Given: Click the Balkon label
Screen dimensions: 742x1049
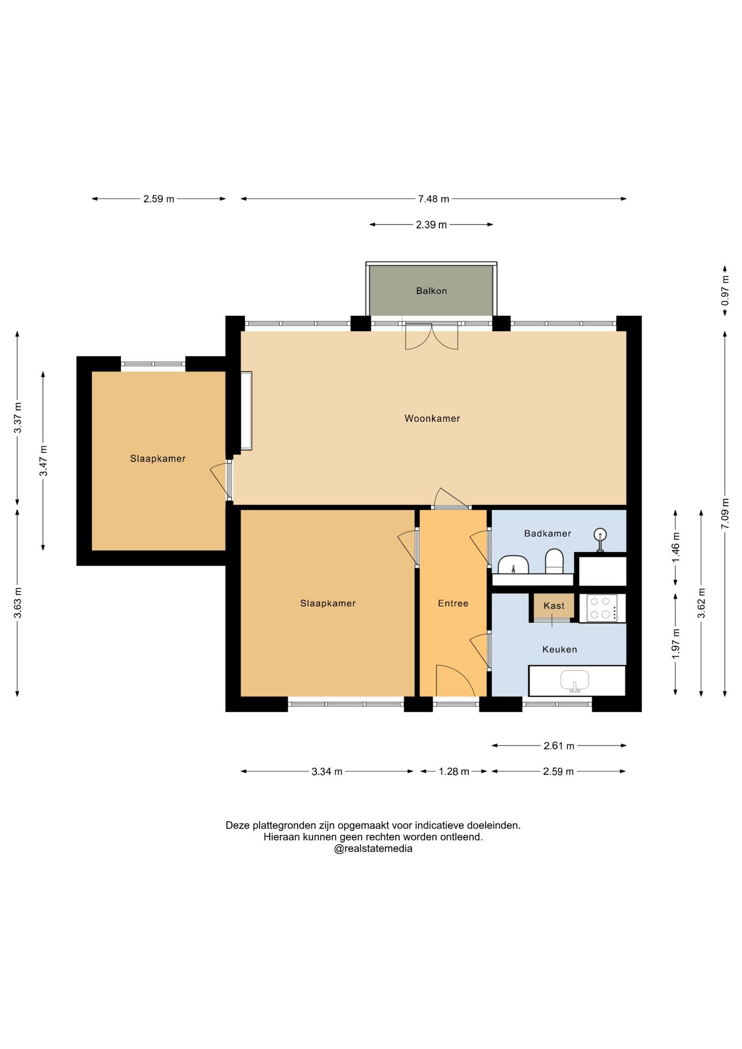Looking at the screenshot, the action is point(431,291).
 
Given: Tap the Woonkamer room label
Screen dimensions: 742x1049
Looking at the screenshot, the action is point(432,419).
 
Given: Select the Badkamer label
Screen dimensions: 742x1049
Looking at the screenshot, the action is point(547,533).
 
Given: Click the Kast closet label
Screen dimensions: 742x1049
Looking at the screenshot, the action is point(554,605).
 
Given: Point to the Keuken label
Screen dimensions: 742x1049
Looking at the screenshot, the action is point(560,649).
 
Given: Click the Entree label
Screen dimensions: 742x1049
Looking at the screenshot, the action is point(453,603).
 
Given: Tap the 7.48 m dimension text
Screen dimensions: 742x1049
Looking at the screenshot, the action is point(434,199).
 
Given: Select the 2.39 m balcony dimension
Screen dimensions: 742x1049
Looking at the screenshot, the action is point(431,225).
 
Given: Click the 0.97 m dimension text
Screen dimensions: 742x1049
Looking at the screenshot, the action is point(725,291).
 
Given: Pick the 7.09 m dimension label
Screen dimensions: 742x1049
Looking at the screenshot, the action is point(725,513).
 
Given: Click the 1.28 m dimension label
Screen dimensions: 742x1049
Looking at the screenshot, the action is point(454,771).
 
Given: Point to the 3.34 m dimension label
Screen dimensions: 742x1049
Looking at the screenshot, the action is point(327,771).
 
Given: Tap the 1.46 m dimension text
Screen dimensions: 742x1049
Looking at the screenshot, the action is point(676,547).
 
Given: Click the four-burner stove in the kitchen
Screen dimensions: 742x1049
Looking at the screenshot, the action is point(602,608).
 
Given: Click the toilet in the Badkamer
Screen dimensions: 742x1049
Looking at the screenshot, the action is point(555,562).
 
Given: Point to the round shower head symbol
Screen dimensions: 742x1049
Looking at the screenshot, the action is point(600,535).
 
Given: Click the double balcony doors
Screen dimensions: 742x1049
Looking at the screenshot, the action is point(432,336).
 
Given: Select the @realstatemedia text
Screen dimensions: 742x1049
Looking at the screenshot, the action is point(373,848).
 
